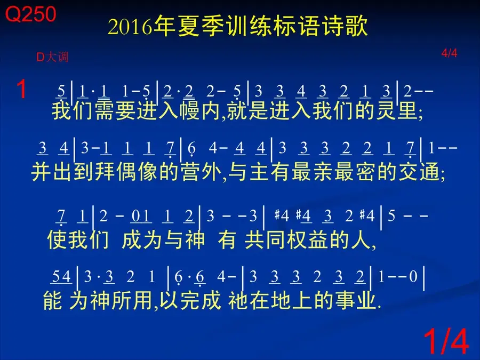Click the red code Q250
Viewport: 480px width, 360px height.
coord(30,14)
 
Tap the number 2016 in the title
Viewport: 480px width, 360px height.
coord(130,27)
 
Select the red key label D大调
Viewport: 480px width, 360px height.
coord(52,57)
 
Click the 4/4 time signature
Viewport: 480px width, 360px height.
coord(449,53)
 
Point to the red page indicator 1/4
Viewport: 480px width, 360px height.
coord(446,341)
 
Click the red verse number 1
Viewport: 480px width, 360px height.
coord(21,89)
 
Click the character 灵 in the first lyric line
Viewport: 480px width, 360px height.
coord(386,110)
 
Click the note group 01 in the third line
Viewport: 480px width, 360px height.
coord(140,216)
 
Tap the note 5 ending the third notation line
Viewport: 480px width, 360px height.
coord(391,216)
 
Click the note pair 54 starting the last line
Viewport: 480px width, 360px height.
coord(61,276)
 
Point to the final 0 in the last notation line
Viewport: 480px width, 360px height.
coord(413,276)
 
